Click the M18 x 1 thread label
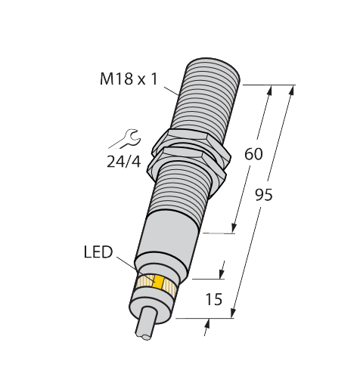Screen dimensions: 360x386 click(x=129, y=79)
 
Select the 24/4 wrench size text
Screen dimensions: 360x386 click(x=123, y=162)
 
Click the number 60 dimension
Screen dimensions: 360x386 click(x=253, y=154)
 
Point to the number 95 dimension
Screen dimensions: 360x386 click(x=264, y=195)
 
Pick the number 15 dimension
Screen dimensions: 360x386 click(x=214, y=299)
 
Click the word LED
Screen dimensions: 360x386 click(x=98, y=252)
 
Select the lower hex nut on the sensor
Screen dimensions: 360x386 click(x=187, y=165)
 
